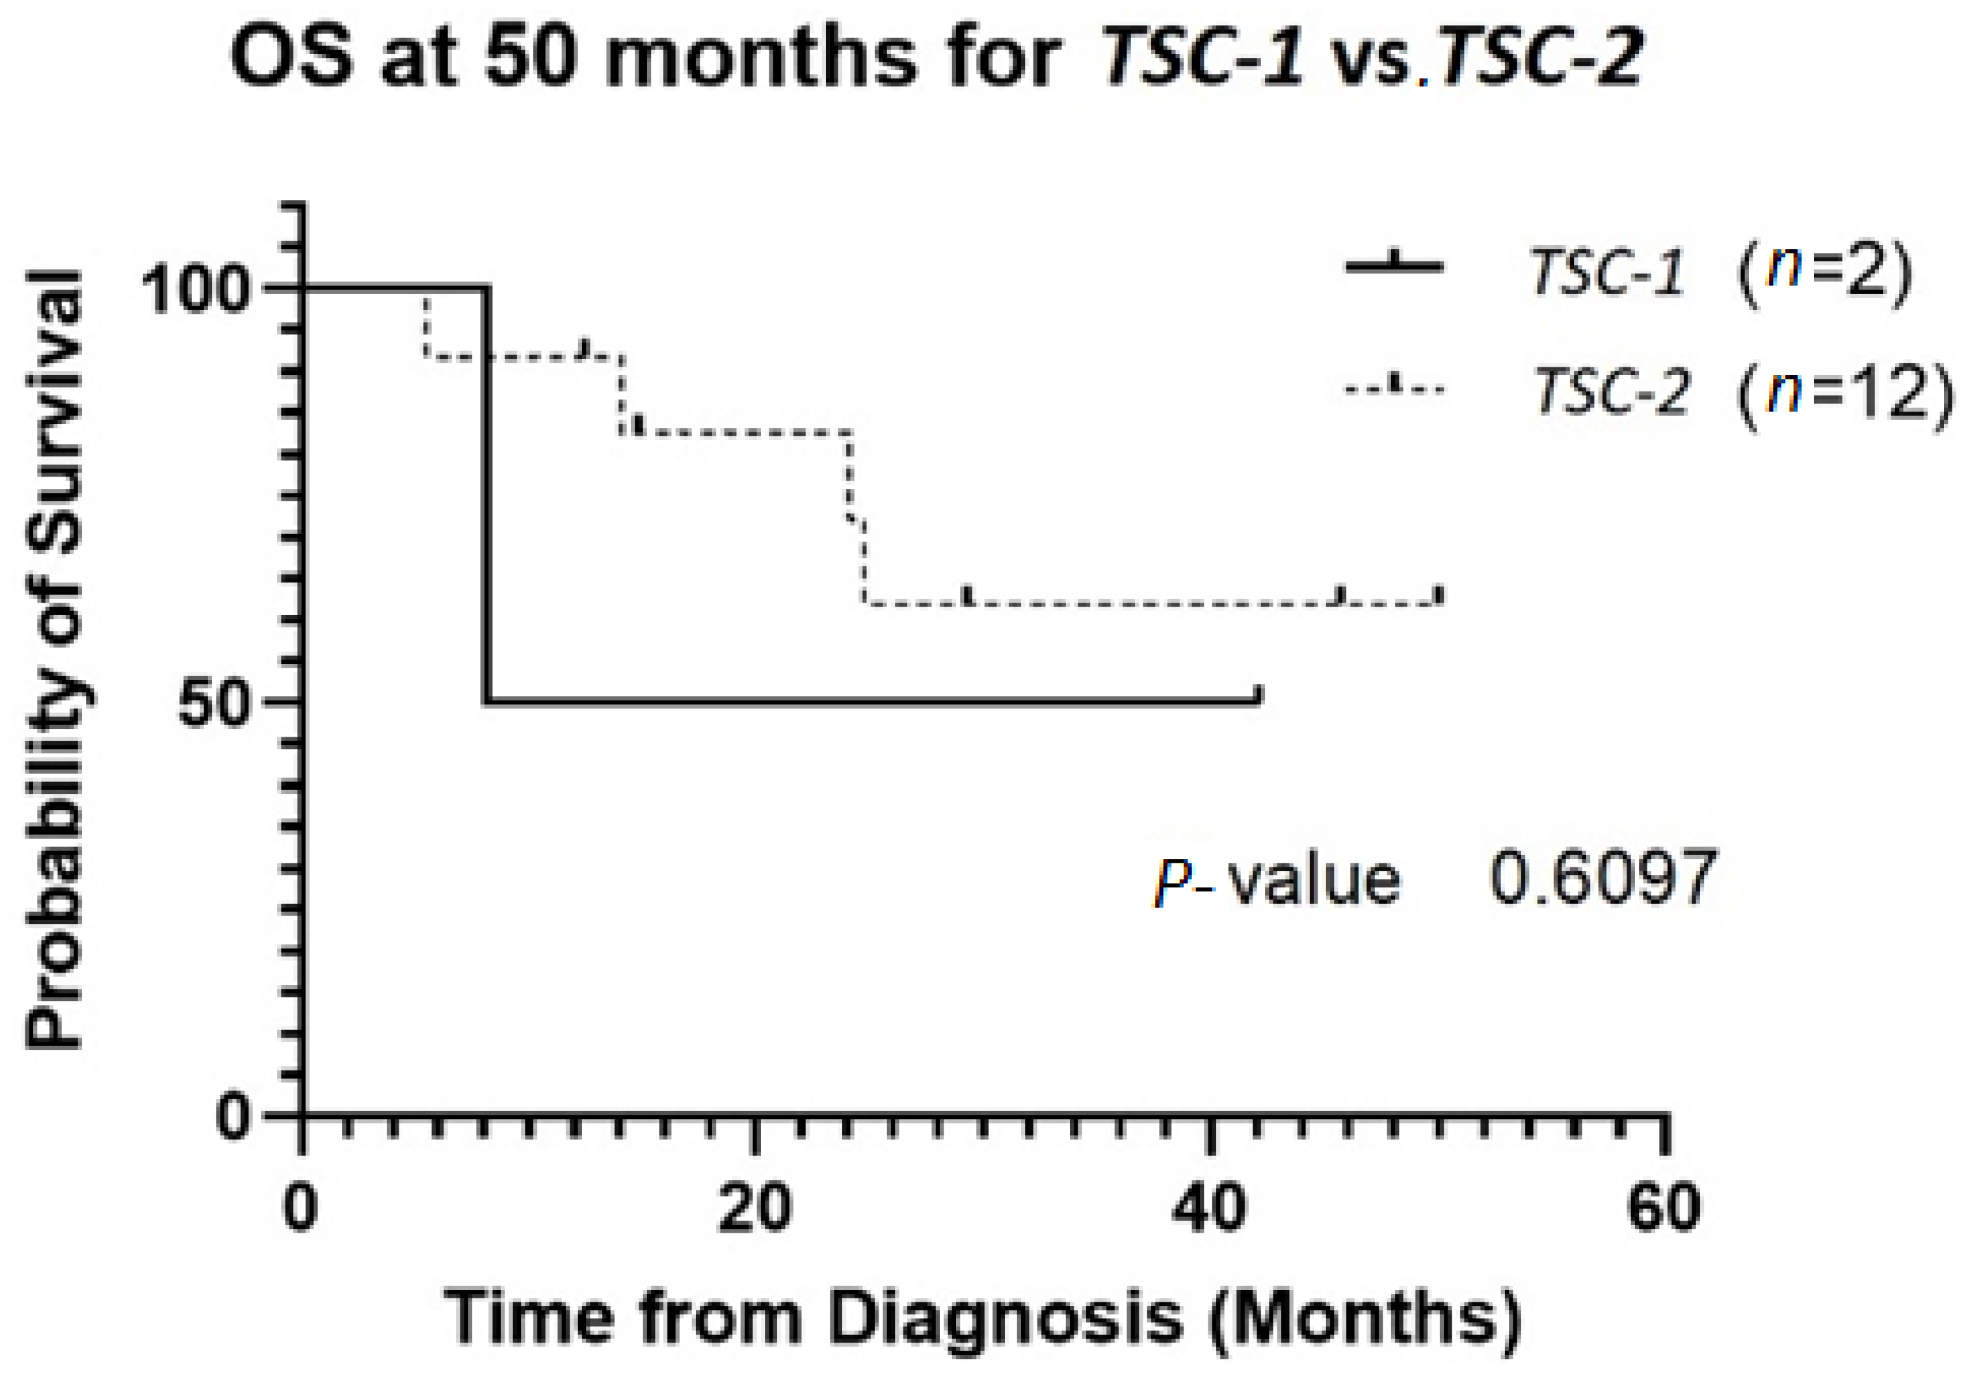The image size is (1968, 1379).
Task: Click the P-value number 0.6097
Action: coord(1603,878)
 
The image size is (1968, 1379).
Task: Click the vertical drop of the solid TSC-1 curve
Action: coord(487,497)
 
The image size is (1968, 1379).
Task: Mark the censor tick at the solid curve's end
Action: coord(1259,694)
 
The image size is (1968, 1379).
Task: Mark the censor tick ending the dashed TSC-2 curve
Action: coord(1441,596)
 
